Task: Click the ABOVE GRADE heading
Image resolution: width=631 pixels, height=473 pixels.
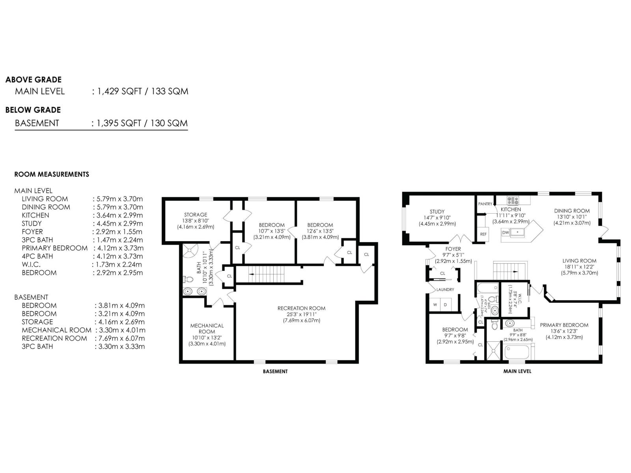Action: (34, 80)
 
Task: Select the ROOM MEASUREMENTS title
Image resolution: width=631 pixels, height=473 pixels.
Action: (52, 174)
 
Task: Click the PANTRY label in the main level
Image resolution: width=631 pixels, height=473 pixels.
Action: (485, 204)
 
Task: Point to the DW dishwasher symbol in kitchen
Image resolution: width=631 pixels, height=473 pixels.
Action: (506, 233)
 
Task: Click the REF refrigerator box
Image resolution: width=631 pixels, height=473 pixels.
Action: (484, 234)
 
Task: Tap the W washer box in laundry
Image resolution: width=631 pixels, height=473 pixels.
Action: (435, 305)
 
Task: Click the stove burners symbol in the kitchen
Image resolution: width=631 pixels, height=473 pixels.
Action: (513, 200)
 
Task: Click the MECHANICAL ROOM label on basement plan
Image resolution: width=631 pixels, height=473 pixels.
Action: (207, 329)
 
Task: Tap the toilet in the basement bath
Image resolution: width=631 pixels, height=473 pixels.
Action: (189, 279)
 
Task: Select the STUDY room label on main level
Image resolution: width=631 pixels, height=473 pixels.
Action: (437, 212)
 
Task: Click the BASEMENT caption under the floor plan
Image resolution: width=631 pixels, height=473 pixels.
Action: (275, 371)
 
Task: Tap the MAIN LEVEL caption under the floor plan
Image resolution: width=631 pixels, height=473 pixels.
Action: (517, 371)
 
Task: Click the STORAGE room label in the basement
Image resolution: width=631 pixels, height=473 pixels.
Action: (196, 215)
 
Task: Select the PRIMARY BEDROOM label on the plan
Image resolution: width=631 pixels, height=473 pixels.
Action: (564, 325)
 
